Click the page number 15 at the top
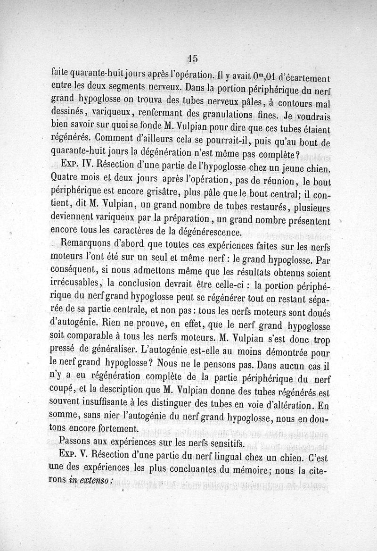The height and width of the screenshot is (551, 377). point(192,58)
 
